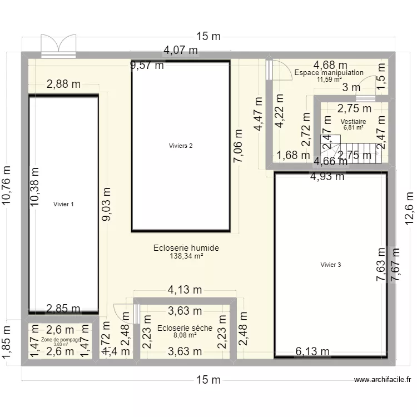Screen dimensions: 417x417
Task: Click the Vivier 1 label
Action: point(63,204)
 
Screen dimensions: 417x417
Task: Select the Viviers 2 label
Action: point(181,146)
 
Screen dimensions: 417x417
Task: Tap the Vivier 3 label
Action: point(331,265)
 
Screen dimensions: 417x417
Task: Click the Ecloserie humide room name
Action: point(186,248)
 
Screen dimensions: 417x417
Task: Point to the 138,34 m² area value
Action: point(186,256)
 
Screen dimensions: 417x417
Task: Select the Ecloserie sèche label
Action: point(185,328)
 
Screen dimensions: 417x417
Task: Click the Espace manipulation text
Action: point(329,73)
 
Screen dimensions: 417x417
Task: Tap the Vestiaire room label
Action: point(353,121)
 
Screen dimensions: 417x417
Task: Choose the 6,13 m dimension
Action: point(312,351)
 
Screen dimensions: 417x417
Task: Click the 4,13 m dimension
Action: point(185,290)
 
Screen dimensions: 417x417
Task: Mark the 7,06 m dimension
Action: point(239,147)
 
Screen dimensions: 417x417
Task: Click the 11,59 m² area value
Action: point(329,80)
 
